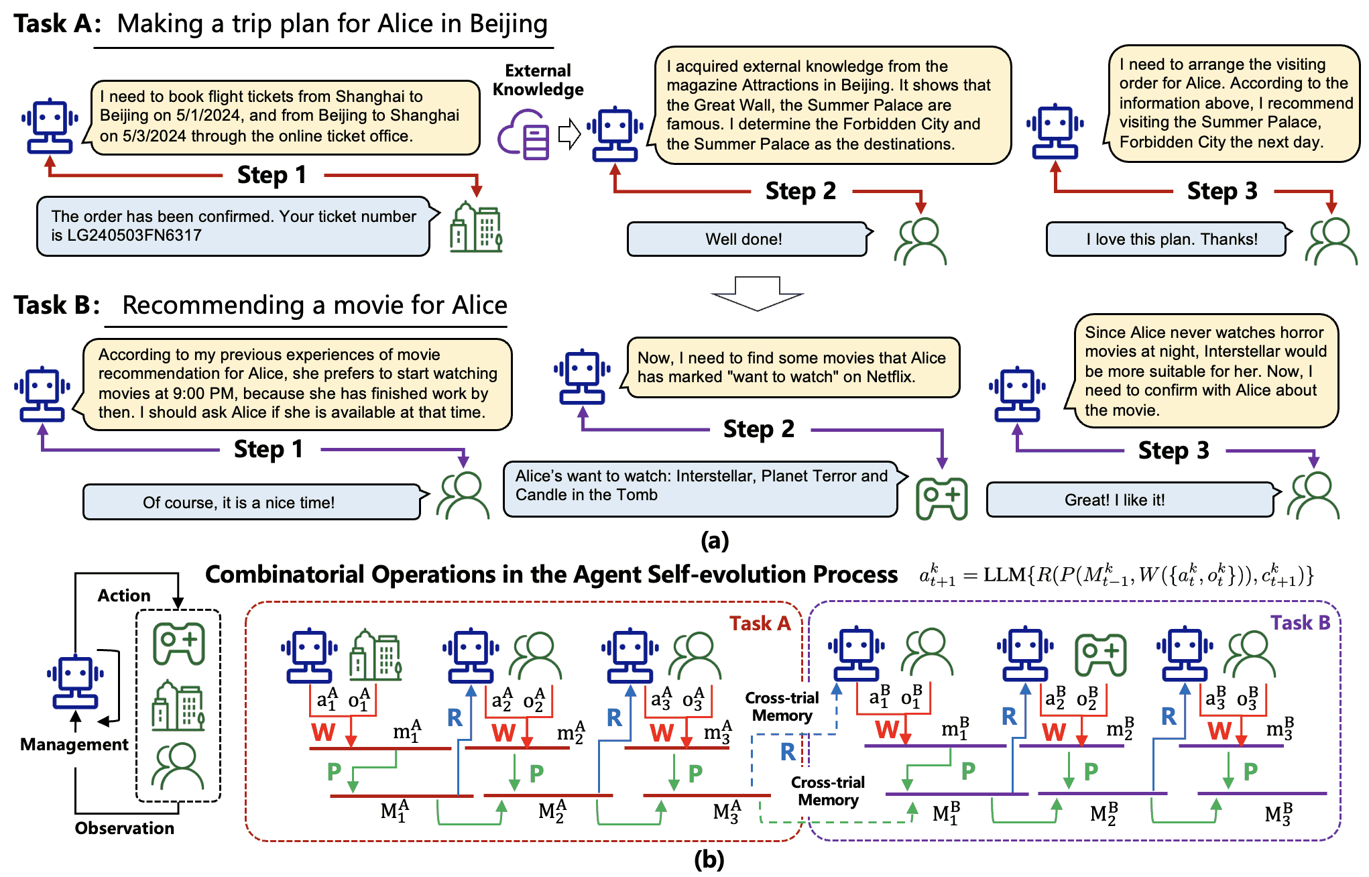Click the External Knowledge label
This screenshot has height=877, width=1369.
click(x=538, y=80)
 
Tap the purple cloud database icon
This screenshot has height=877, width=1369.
click(x=524, y=135)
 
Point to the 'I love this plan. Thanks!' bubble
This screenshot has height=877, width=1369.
click(x=1167, y=239)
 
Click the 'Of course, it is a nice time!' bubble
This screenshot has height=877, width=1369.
click(x=251, y=502)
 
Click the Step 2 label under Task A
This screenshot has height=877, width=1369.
click(x=800, y=191)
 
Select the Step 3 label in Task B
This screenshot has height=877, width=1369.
click(x=1173, y=451)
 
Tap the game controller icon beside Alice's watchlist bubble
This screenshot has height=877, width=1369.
click(x=941, y=498)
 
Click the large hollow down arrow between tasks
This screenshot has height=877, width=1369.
click(x=757, y=294)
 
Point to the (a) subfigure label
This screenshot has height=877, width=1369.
click(x=714, y=540)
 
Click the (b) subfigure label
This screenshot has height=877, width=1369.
click(x=709, y=860)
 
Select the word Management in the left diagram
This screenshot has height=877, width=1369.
click(x=74, y=744)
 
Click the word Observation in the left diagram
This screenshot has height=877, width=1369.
click(x=124, y=828)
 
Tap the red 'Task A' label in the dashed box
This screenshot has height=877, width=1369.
click(x=760, y=624)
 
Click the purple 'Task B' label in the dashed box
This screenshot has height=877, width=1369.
click(x=1300, y=623)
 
